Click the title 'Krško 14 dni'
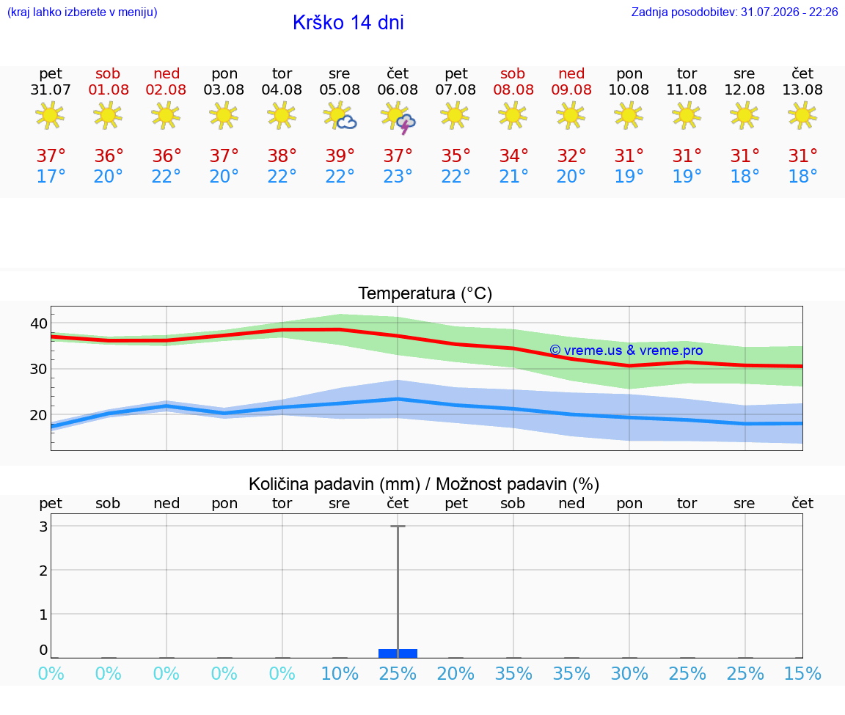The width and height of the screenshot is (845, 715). [348, 23]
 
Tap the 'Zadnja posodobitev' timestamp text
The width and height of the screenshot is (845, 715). [734, 12]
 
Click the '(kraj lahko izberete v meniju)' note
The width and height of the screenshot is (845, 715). [82, 12]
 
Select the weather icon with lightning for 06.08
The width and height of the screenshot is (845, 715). [398, 117]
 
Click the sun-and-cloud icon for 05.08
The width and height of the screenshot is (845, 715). [340, 115]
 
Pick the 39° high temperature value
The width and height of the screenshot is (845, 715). [340, 155]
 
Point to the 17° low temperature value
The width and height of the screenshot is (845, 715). [51, 176]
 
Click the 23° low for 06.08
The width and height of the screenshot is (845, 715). [398, 176]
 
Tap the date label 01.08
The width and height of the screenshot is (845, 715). [109, 90]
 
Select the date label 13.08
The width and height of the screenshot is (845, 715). [802, 90]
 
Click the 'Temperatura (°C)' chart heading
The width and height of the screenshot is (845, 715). [425, 293]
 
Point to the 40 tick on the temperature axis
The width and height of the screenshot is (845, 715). [39, 323]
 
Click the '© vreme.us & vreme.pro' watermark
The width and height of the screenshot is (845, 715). [626, 351]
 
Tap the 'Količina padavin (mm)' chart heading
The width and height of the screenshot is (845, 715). [334, 484]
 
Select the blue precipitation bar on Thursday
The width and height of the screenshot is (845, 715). [398, 653]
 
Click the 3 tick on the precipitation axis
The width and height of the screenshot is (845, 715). [44, 527]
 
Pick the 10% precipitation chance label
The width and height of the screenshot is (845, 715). [340, 673]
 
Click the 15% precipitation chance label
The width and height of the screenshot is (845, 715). [802, 673]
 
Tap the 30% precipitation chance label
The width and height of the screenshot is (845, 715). [629, 673]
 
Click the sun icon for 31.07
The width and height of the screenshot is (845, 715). [50, 115]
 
